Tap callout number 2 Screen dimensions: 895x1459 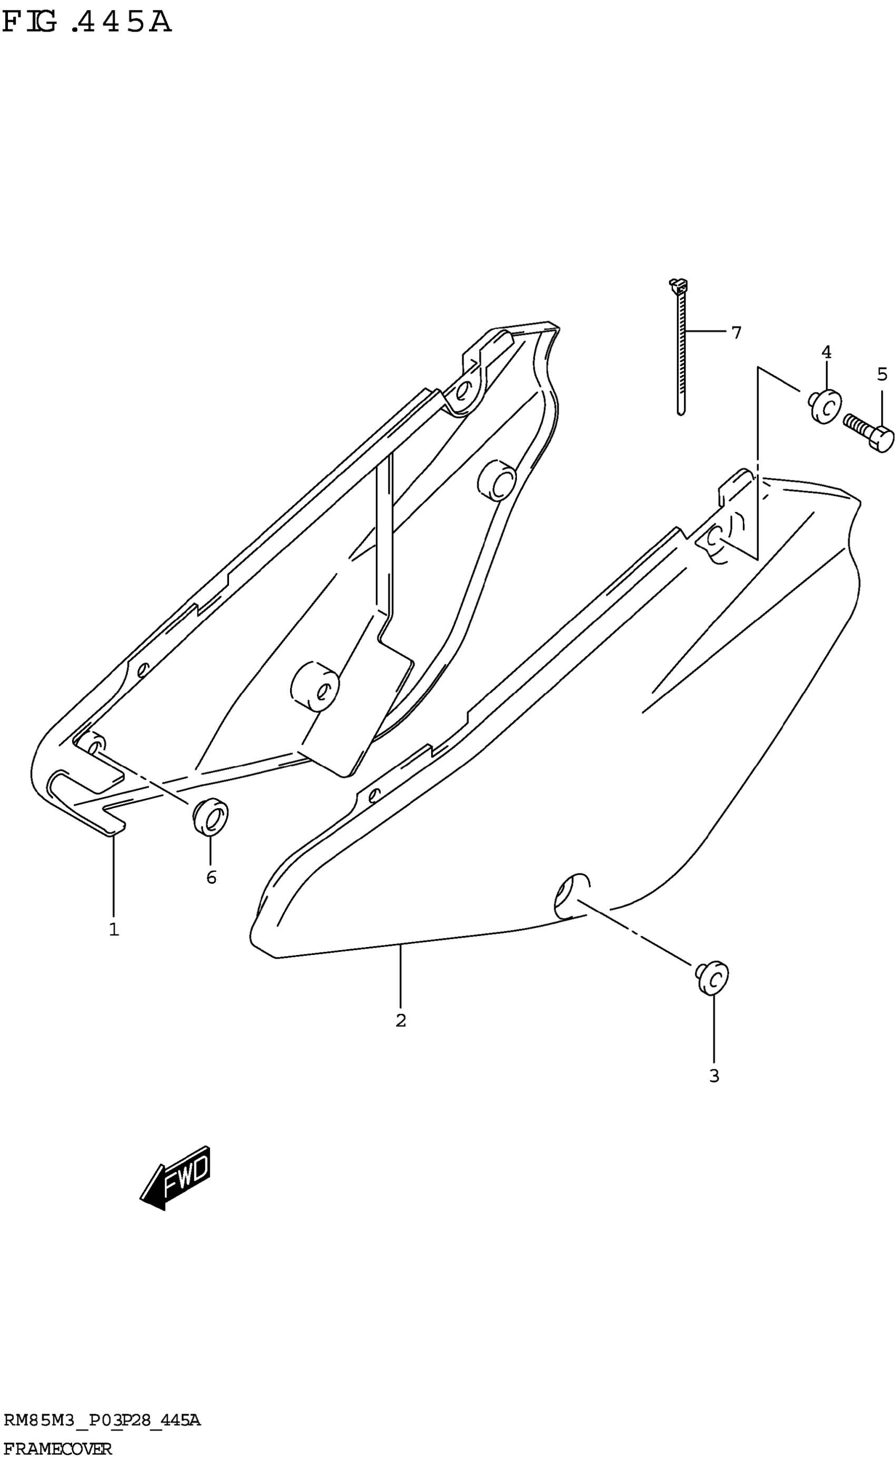(401, 1020)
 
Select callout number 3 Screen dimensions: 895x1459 (714, 1076)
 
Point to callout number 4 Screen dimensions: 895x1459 (826, 353)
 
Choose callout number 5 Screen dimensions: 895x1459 (882, 374)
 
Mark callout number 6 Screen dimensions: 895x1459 (212, 878)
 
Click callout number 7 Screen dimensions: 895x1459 (736, 334)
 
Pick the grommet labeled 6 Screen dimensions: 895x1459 (210, 817)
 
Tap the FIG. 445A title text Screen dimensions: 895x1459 (86, 23)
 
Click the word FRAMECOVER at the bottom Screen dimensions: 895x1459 (57, 1449)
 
